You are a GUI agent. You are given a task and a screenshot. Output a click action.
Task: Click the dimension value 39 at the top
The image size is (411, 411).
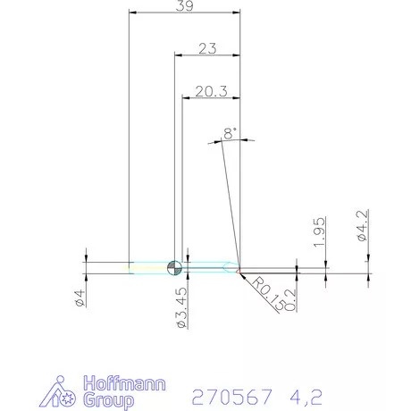[x=186, y=7]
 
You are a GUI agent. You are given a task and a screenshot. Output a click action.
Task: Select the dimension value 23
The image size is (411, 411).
[x=207, y=48]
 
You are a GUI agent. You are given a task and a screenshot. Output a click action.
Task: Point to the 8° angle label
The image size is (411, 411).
[x=231, y=134]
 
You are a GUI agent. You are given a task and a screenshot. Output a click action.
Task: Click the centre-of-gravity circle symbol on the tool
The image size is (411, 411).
[x=174, y=266]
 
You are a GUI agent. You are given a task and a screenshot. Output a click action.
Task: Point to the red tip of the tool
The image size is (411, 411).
[x=239, y=266]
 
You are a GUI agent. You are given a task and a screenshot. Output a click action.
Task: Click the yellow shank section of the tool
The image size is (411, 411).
[x=147, y=266]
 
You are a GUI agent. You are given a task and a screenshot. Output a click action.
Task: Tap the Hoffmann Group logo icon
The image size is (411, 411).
[x=63, y=390]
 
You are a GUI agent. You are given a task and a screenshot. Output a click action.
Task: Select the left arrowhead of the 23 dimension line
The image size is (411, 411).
[x=177, y=55]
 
